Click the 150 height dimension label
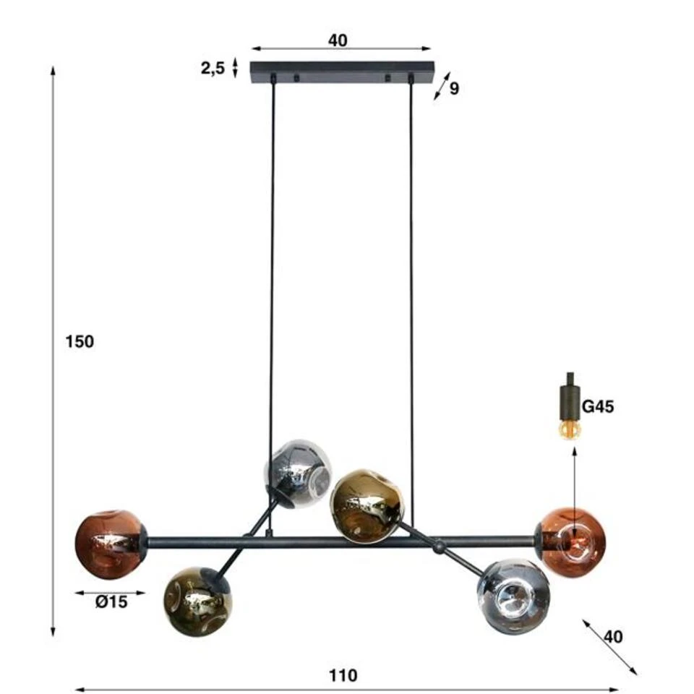[80, 342]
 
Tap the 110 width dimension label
[343, 676]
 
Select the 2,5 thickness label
[213, 69]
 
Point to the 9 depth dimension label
[454, 88]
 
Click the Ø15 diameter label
[111, 602]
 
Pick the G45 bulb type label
[598, 406]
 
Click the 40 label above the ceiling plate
[338, 40]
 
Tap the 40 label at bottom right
[613, 636]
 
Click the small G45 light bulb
[570, 429]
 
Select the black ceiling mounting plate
[342, 72]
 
